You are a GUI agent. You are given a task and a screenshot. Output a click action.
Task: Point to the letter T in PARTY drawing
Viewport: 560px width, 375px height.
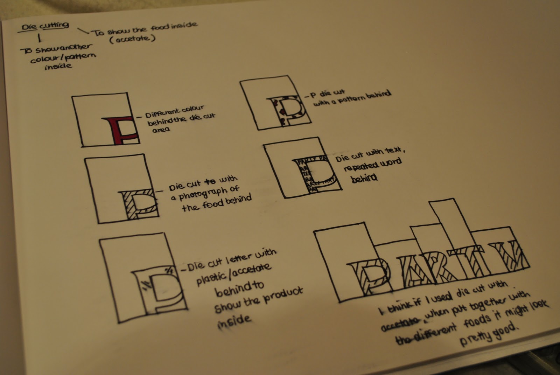[458, 263]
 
